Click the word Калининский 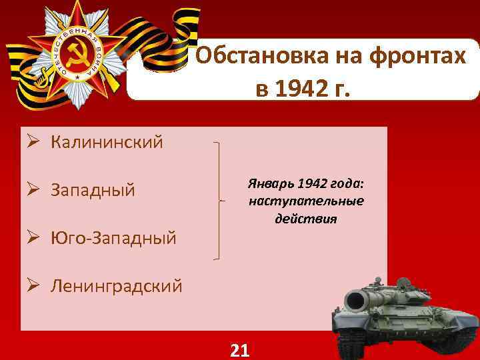[107, 141]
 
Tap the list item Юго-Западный [113, 237]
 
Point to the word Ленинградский [116, 287]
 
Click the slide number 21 [239, 349]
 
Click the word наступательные [306, 201]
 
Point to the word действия [306, 218]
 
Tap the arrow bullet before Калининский [33, 141]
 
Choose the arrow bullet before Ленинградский [33, 287]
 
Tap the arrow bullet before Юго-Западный [33, 237]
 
